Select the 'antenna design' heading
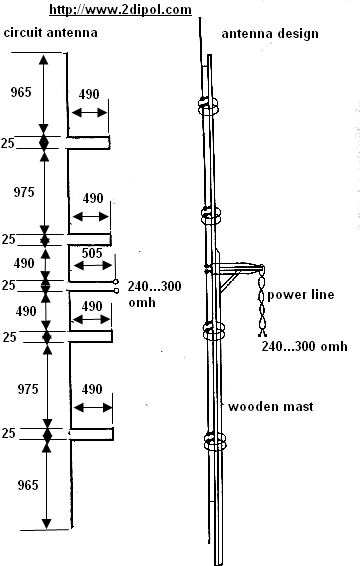pos(270,33)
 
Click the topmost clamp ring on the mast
pos(209,105)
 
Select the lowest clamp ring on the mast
pos(210,438)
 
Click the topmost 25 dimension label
pos(11,143)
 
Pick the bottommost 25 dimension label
pos(11,434)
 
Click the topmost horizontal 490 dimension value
pos(90,92)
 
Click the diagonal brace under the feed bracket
pos(227,283)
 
